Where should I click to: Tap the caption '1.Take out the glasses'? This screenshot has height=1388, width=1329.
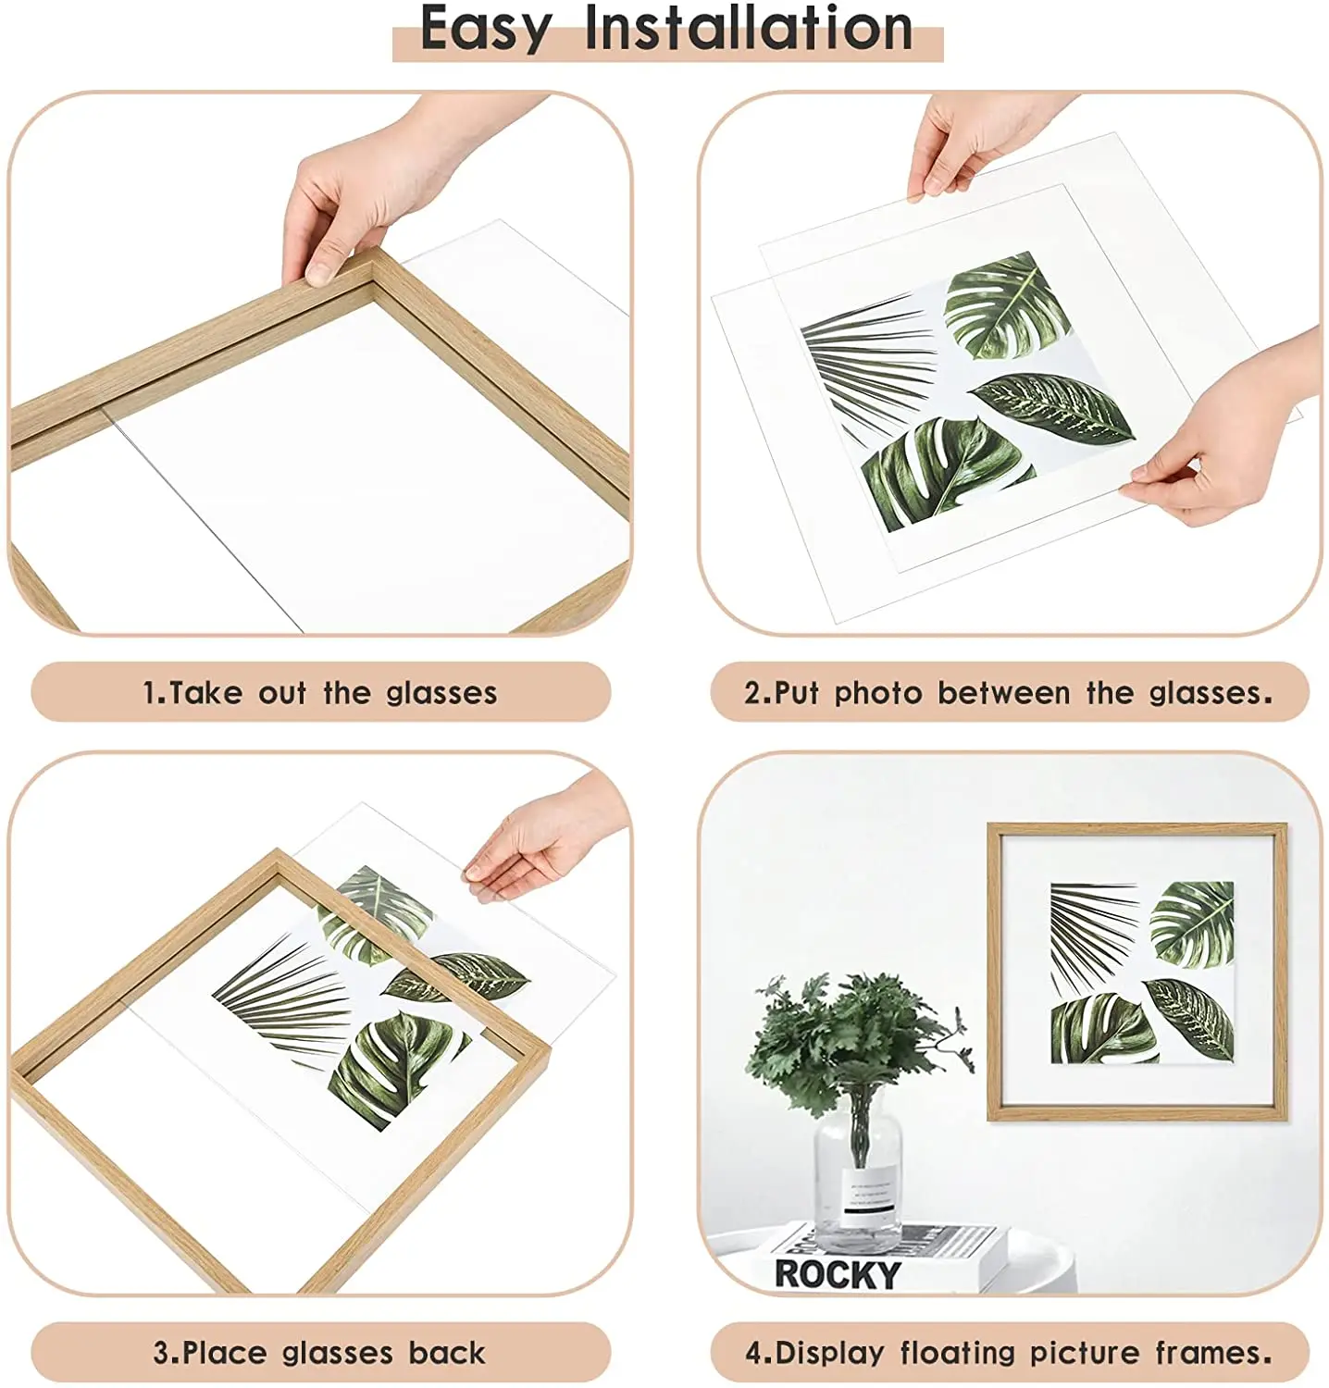[x=319, y=693]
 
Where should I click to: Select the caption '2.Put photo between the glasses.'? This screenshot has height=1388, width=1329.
[x=1009, y=693]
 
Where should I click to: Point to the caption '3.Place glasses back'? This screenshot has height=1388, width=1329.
[x=319, y=1353]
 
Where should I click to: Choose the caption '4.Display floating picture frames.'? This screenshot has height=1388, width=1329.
[x=1009, y=1353]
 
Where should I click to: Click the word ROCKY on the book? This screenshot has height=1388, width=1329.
[x=837, y=1274]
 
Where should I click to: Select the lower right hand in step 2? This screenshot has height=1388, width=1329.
[x=1222, y=435]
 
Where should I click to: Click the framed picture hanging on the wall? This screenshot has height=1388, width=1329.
[x=1137, y=972]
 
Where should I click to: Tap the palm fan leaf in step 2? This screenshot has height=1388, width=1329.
[x=865, y=361]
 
